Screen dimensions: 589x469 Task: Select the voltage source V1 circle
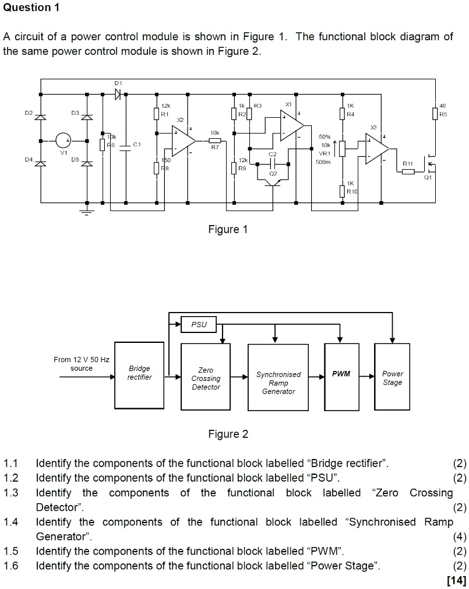[x=64, y=141]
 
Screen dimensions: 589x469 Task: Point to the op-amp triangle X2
[x=183, y=141]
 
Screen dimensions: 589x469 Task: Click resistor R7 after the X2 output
[x=214, y=141]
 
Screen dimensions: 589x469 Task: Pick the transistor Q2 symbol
[x=271, y=182]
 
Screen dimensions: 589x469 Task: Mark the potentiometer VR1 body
[x=342, y=148]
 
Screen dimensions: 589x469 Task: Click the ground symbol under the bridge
[x=87, y=211]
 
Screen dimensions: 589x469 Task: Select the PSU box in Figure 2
[x=199, y=324]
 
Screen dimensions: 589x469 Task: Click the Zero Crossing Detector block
[x=206, y=378]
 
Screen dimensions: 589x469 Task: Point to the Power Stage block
[x=392, y=378]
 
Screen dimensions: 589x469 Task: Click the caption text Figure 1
[x=228, y=230]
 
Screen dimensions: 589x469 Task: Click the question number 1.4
[x=11, y=522]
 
